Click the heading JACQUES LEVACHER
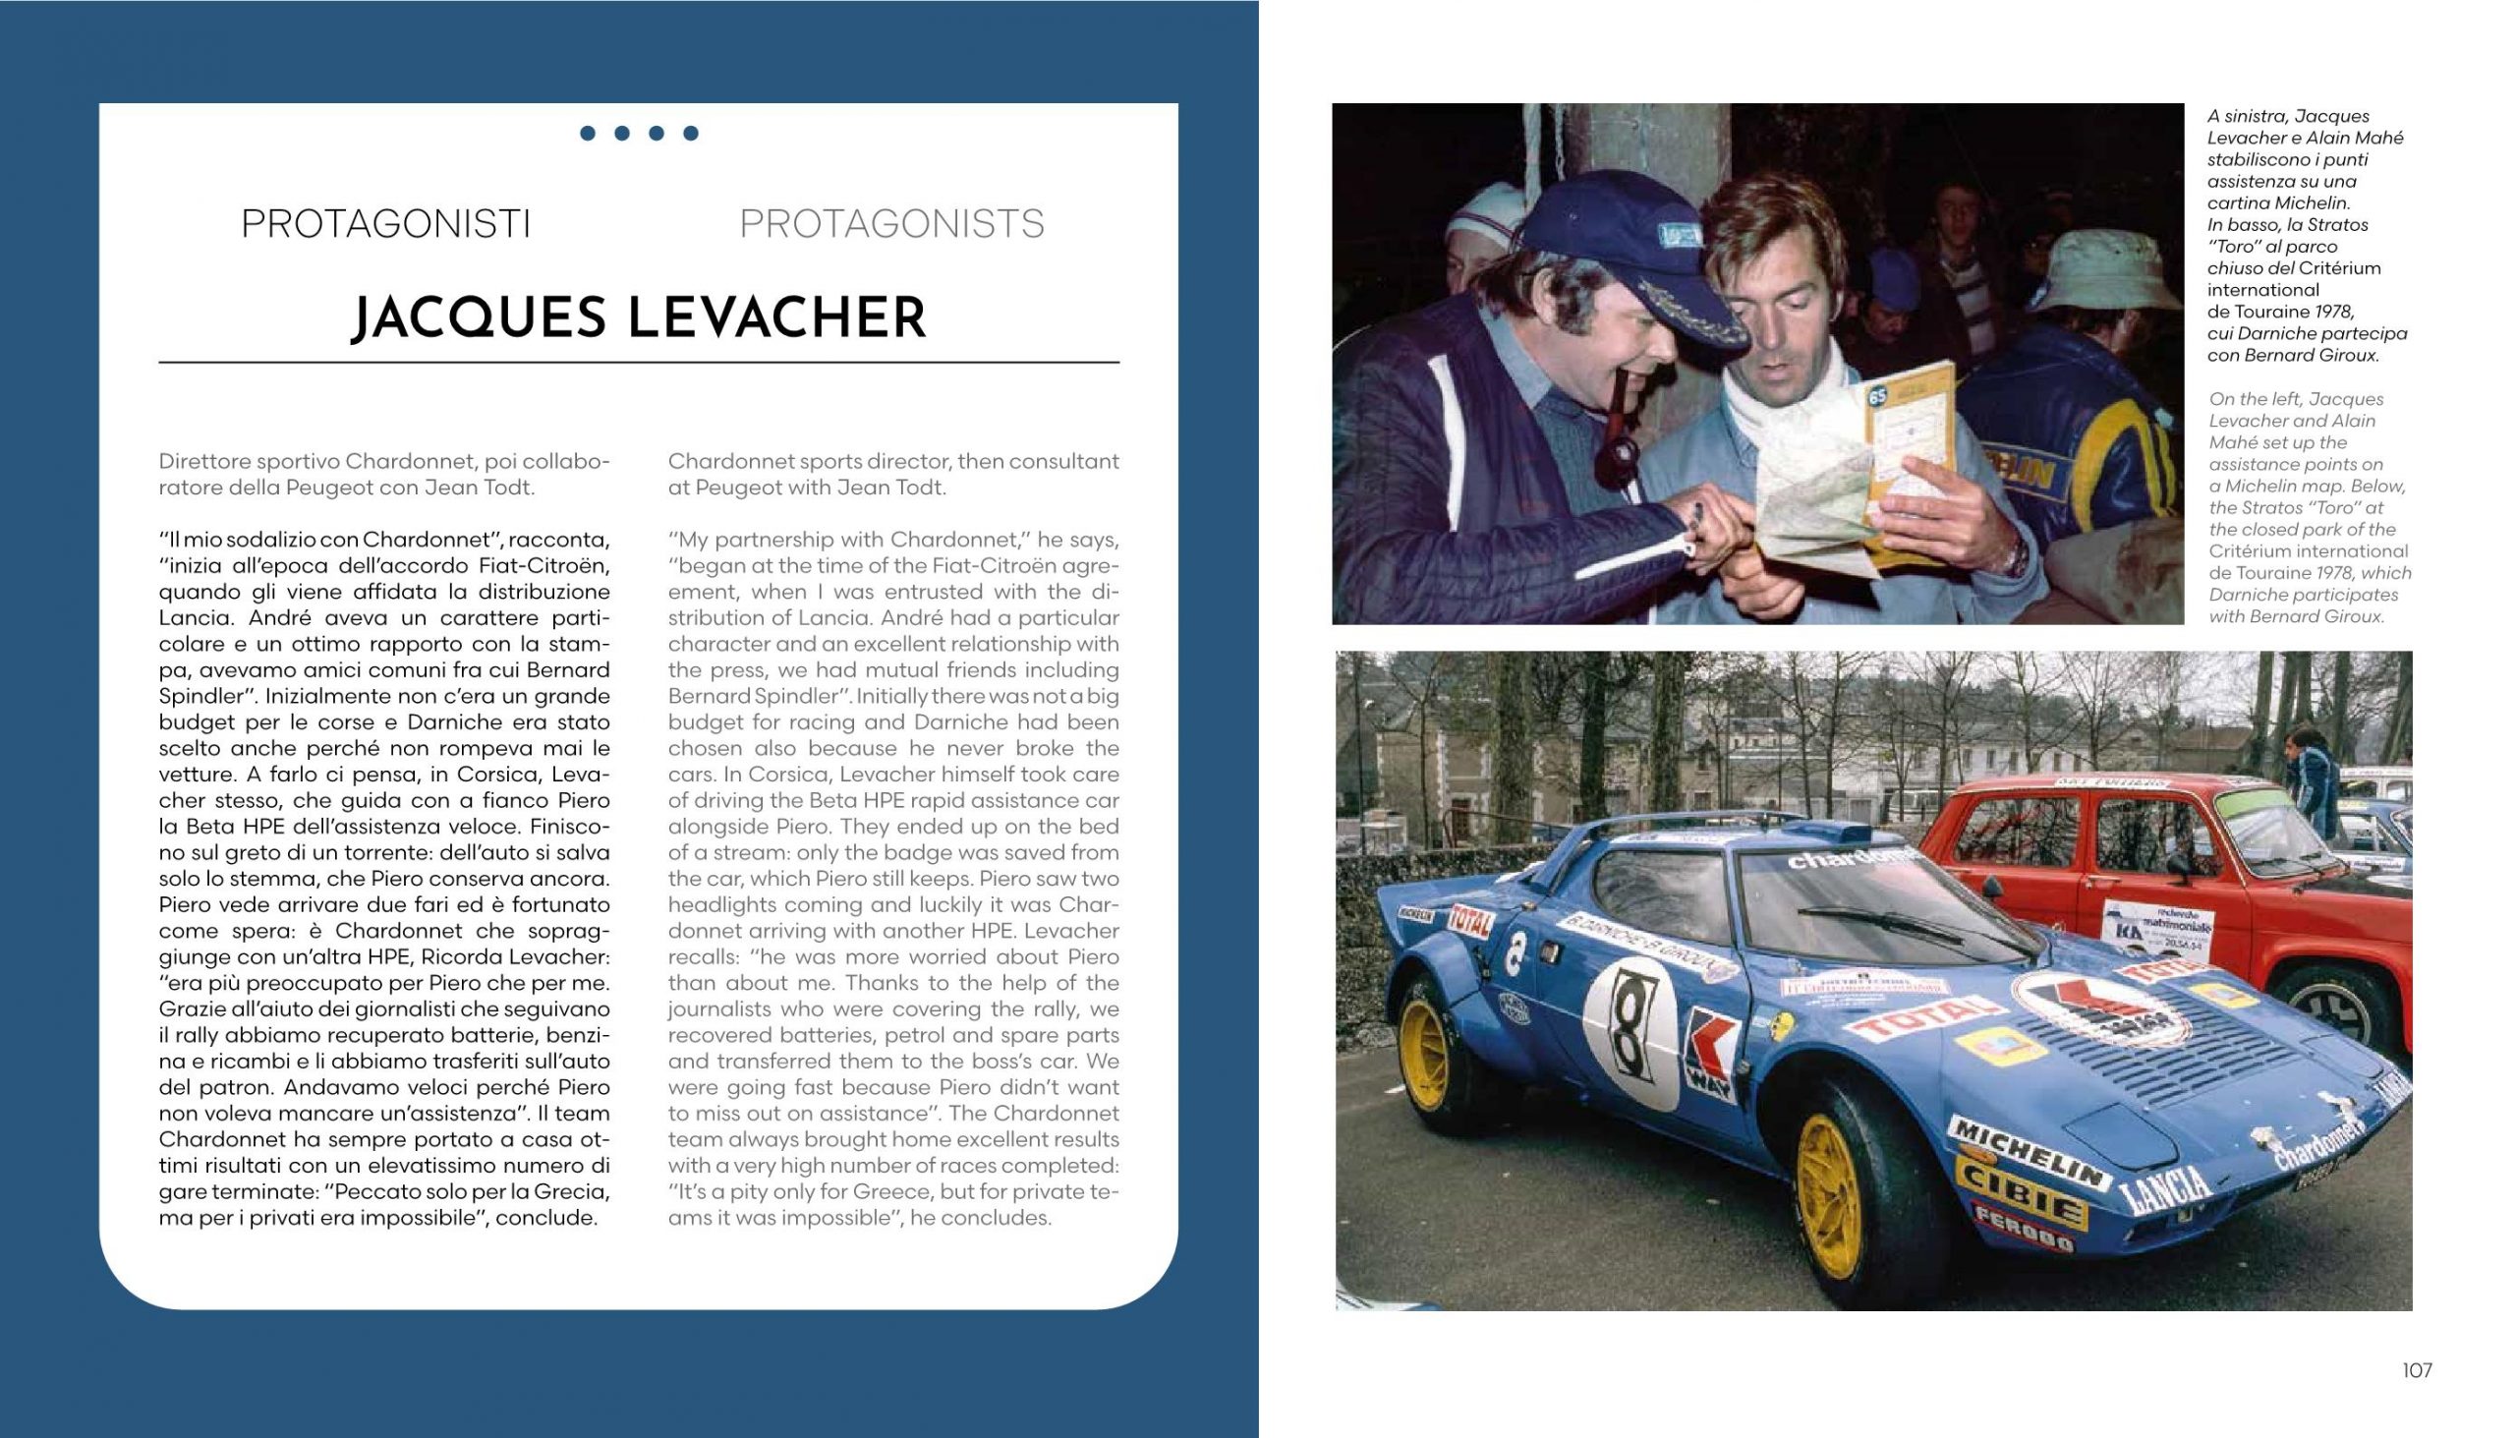tap(639, 318)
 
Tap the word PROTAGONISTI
tap(386, 224)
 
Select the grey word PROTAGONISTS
tap(891, 224)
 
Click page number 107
tap(2418, 1370)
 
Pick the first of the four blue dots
tap(588, 134)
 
